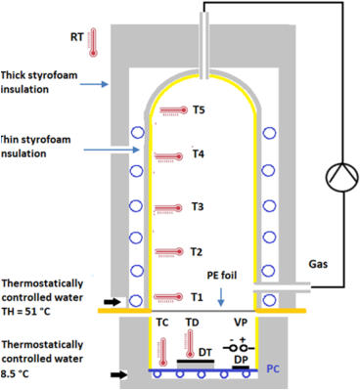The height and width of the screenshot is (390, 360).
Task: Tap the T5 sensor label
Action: pyautogui.click(x=200, y=110)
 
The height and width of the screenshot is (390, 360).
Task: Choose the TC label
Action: pyautogui.click(x=164, y=321)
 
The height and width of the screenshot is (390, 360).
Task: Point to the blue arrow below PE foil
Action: pyautogui.click(x=221, y=290)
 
